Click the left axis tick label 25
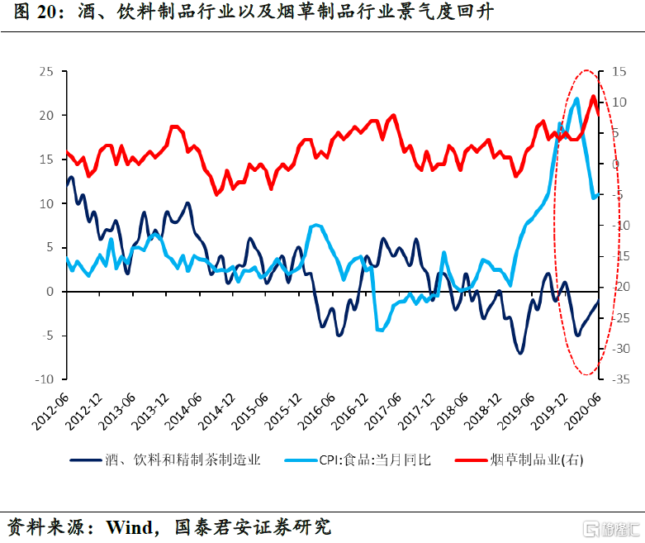46,72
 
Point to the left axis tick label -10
44,380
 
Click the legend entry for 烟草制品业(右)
537,460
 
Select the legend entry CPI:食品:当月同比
376,460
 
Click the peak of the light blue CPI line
576,98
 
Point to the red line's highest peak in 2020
593,96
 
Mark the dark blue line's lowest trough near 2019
520,353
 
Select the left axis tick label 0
50,292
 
